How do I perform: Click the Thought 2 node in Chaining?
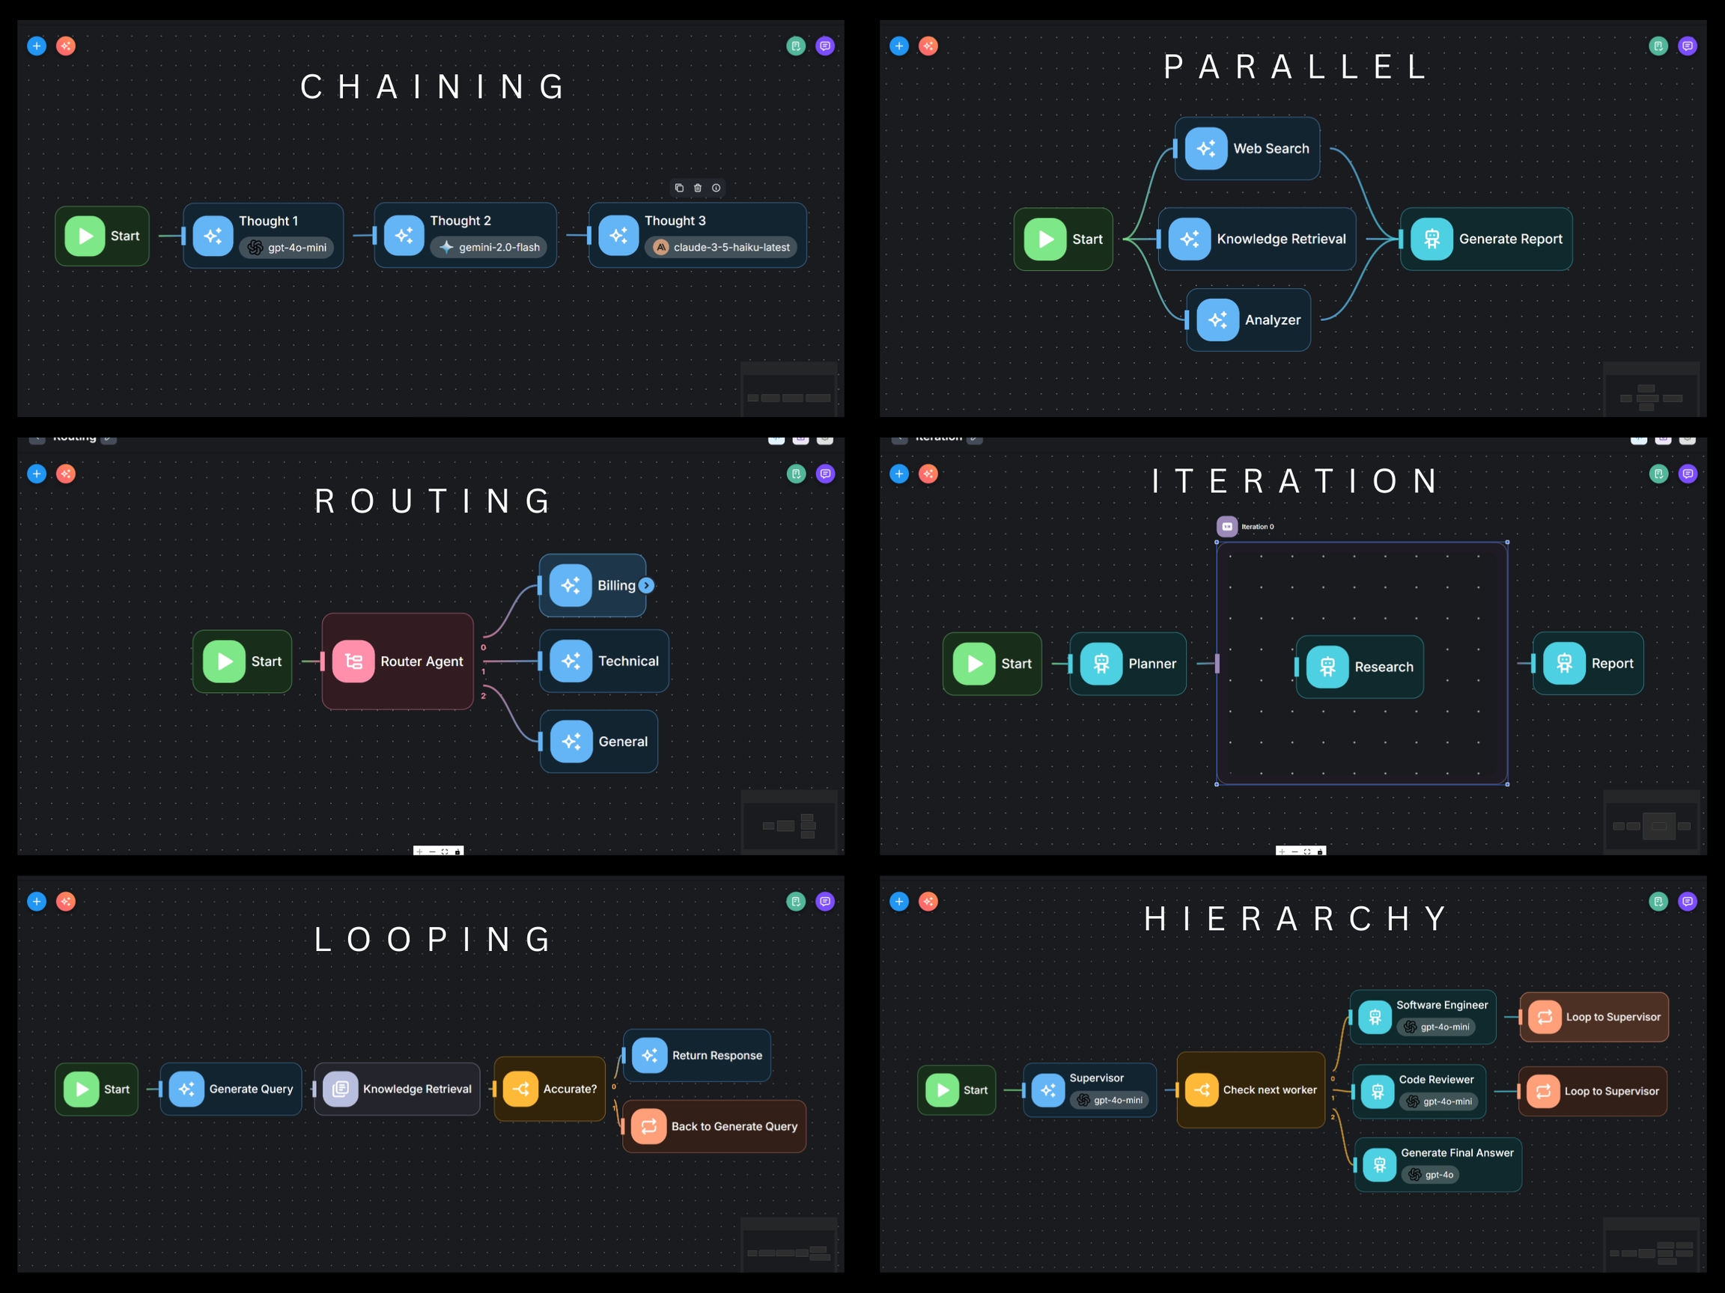465,235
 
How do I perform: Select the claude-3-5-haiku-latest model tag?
721,248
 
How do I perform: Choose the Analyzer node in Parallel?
1248,320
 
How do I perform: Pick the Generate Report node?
1485,239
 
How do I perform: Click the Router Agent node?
398,661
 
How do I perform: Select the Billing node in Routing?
593,585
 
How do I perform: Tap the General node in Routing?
599,742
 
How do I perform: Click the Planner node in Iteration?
1128,663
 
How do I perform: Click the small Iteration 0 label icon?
1226,527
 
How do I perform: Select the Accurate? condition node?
550,1089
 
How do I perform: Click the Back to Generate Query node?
714,1126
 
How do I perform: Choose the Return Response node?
696,1055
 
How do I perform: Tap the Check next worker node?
1250,1089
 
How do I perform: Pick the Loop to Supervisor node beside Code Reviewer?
1592,1091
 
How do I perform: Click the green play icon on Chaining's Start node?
85,236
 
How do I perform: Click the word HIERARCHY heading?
1295,919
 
